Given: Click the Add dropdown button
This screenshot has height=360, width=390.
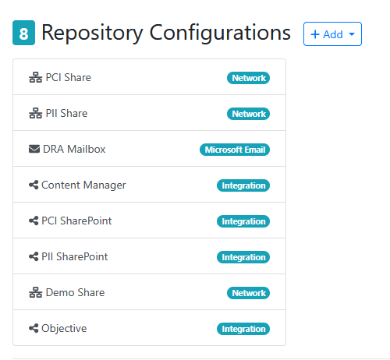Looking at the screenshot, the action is tap(332, 34).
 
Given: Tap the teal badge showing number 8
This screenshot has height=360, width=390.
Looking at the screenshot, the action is tap(23, 33).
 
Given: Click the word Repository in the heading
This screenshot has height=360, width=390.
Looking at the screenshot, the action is tap(92, 34).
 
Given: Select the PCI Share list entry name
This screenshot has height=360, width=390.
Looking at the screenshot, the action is tap(69, 77).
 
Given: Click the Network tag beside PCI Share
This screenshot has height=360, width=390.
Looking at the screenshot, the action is tap(248, 78).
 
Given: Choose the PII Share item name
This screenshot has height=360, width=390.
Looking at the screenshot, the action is tap(66, 113).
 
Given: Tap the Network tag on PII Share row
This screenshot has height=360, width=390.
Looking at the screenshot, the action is tap(248, 114).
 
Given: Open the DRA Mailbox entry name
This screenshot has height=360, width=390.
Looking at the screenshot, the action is tap(74, 149).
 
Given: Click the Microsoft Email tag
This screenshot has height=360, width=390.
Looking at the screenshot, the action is tap(235, 150).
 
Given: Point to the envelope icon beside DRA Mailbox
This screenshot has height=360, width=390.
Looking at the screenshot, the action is tap(34, 149).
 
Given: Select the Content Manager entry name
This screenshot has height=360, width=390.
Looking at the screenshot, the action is tap(83, 185).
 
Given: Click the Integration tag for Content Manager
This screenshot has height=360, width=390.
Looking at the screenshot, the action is tap(243, 185).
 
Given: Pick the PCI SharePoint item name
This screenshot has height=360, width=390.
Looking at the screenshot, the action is tap(76, 221).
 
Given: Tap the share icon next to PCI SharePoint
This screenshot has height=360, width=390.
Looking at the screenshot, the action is tap(34, 221).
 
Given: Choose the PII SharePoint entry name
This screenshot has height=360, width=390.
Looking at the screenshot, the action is tap(75, 256).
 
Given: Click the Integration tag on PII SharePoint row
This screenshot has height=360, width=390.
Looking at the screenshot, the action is tap(243, 257).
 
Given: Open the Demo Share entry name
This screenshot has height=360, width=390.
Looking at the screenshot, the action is tap(75, 292).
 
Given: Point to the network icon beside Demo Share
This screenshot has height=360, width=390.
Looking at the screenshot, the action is tap(35, 292).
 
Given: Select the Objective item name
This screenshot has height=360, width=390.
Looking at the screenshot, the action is tap(64, 328).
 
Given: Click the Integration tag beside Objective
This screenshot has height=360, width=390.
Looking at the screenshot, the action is tap(243, 329).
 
